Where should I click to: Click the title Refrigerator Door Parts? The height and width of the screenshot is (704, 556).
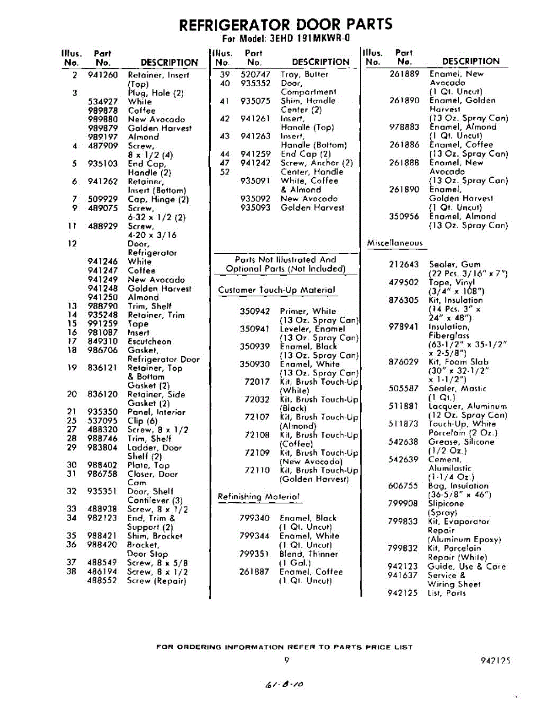pos(285,25)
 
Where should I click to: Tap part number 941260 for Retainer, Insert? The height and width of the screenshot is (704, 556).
pos(103,75)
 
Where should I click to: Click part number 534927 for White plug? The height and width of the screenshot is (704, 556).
pos(103,101)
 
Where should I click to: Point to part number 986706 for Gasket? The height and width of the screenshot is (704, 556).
pos(103,350)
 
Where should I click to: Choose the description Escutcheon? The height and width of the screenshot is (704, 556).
pos(150,341)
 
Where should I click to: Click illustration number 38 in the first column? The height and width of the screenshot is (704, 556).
pos(72,571)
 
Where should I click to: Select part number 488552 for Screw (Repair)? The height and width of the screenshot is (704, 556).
pos(103,581)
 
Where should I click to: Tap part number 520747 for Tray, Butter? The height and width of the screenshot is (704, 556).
pos(255,75)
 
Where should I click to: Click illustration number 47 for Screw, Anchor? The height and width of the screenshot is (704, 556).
pos(224,163)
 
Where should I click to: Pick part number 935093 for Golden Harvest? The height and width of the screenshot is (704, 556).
pos(255,208)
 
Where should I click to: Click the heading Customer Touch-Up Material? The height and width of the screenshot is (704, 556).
pos(277,290)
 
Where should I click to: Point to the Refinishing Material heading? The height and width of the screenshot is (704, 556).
pos(258,497)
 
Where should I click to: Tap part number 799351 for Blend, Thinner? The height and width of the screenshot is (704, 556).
pos(255,554)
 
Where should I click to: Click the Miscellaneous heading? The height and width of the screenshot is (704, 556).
pos(395,243)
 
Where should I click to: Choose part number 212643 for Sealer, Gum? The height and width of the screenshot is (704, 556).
pos(403,265)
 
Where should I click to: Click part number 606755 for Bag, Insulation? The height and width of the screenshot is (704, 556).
pos(403,486)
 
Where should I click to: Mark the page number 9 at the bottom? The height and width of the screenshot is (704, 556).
pos(287,660)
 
